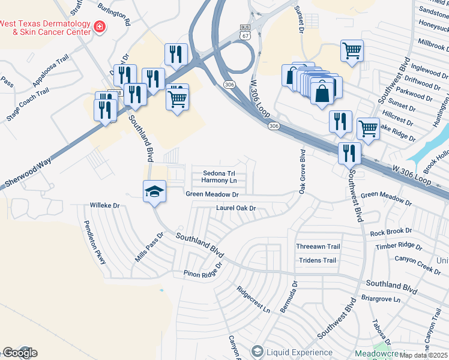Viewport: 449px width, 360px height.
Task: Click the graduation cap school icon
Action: [154, 191]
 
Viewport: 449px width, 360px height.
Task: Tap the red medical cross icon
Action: [98, 26]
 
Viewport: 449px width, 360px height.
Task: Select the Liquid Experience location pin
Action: [258, 351]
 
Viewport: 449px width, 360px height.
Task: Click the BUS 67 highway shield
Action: [244, 31]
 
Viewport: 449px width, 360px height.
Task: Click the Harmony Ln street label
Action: [218, 180]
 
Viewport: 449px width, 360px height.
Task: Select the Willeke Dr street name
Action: [106, 205]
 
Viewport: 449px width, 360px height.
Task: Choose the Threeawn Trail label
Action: [318, 247]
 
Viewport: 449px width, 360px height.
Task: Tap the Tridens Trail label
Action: [318, 260]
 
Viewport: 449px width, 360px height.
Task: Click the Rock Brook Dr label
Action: [391, 231]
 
